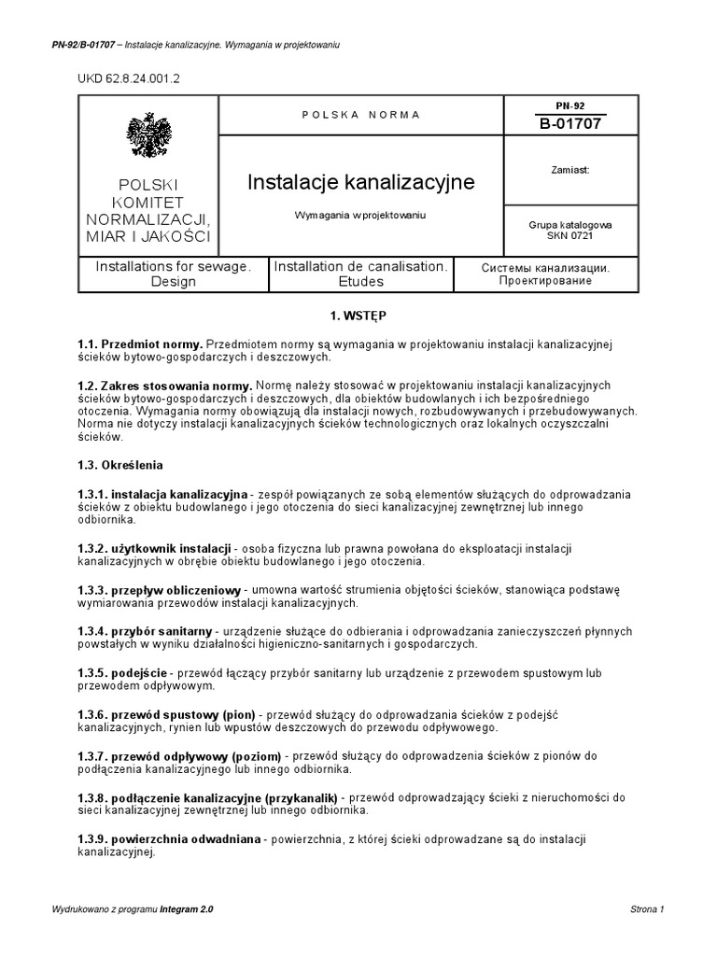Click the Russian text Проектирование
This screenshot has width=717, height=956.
(546, 281)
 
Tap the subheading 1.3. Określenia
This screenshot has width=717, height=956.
(122, 464)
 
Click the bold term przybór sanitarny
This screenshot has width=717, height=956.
(162, 631)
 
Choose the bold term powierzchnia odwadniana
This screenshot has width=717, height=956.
(186, 840)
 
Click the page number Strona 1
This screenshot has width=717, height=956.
(647, 909)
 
